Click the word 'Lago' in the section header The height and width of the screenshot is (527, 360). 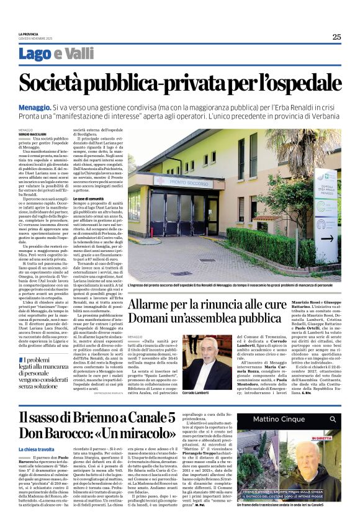pyautogui.click(x=53, y=55)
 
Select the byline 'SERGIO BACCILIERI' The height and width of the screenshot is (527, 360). pyautogui.click(x=50, y=133)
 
